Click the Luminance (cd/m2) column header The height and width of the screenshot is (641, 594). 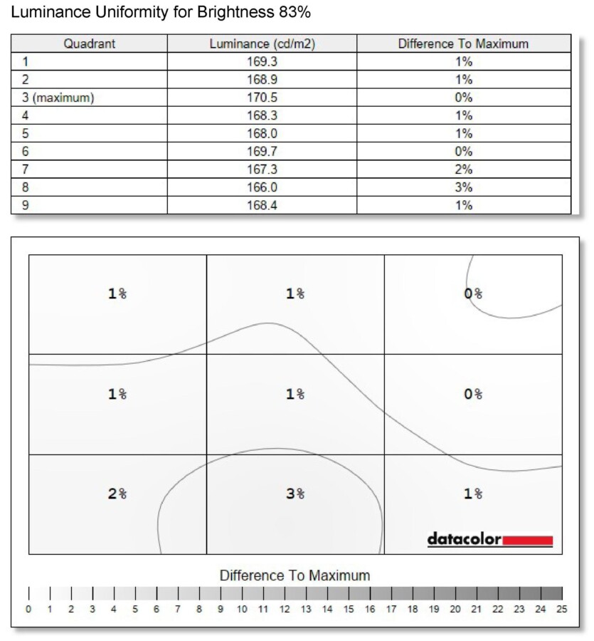coord(262,43)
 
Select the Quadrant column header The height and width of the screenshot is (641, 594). coord(90,43)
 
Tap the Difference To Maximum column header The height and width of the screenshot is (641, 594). coord(463,43)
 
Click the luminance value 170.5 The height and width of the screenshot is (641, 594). coord(262,98)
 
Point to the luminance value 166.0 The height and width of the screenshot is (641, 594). coord(262,187)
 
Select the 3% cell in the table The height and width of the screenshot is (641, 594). coord(464,187)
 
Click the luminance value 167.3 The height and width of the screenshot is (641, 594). coord(262,170)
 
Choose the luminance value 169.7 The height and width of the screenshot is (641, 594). coord(262,151)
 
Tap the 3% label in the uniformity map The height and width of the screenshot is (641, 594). coord(295,494)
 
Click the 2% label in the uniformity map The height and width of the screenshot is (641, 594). coord(117,494)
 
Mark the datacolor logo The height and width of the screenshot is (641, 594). coord(465,539)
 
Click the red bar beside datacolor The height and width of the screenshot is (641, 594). coord(528,541)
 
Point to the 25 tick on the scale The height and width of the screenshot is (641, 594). coord(562,609)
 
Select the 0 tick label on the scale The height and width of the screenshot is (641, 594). coord(28,609)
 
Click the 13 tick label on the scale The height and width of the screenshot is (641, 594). coord(306,609)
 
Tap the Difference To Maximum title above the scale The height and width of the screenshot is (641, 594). coord(295,575)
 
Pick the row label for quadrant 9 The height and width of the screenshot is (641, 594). coord(25,205)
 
